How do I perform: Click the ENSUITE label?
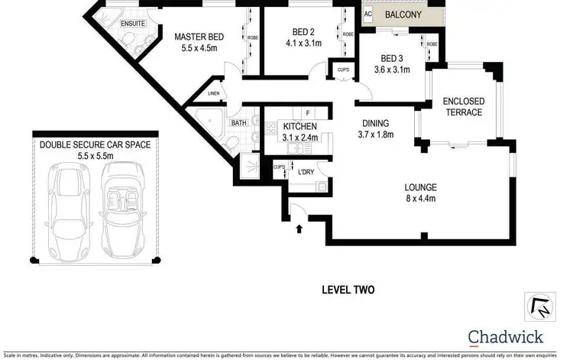[x=133, y=24]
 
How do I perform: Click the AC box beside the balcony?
[x=367, y=14]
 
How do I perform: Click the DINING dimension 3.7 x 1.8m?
[x=376, y=135]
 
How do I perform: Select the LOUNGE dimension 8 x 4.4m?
[x=420, y=198]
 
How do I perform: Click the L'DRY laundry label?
[x=306, y=171]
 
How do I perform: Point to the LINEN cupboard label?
[x=215, y=94]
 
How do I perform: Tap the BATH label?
[x=239, y=122]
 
